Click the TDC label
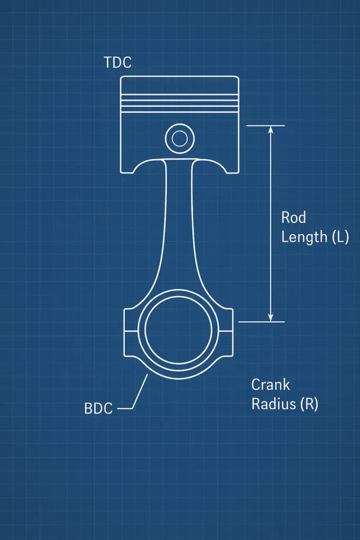pos(118,63)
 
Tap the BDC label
pos(99,409)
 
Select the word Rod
pos(294,217)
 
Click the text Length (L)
pos(315,237)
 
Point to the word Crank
pos(271,384)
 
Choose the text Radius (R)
pos(285,404)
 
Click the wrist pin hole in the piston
pos(179,139)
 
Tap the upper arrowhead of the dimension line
pos(270,130)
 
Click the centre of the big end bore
pos(179,330)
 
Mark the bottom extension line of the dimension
pos(261,322)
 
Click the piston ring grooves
pos(179,101)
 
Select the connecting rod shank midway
pos(179,227)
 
